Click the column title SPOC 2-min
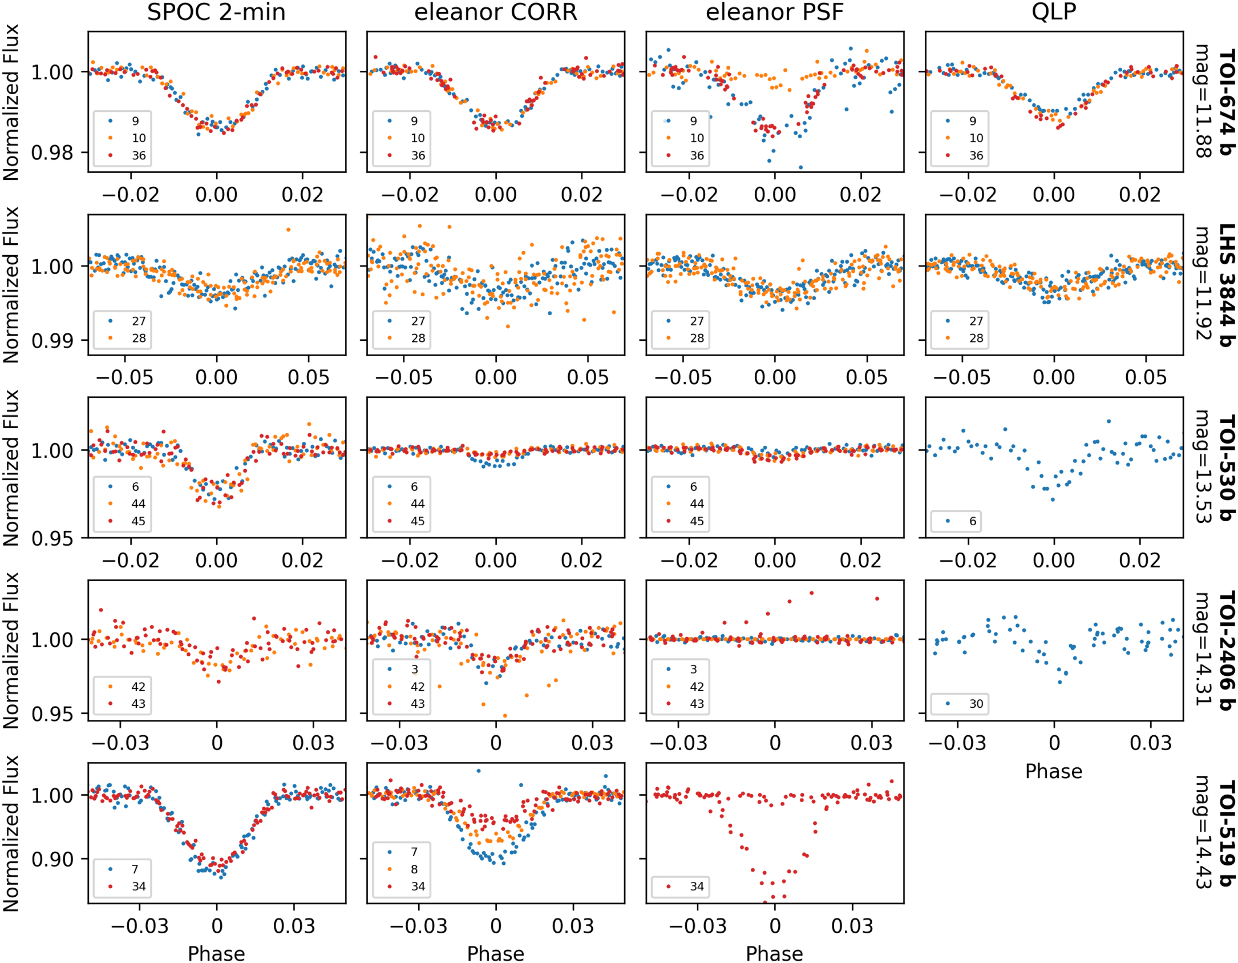pos(216,13)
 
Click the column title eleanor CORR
pos(495,13)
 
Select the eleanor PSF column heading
pos(774,13)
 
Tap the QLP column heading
pos(1053,13)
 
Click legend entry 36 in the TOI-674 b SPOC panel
pos(139,155)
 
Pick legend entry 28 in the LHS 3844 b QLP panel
pos(976,338)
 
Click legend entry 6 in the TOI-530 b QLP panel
pos(972,521)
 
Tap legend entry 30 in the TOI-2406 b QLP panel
pos(976,703)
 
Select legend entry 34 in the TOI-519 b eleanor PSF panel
pos(697,886)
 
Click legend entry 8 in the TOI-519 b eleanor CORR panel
pos(414,869)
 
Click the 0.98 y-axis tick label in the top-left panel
pos(52,153)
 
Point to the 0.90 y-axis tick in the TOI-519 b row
pos(52,859)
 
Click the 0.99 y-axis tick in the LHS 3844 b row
pos(52,341)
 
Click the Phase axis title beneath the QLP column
pos(1053,771)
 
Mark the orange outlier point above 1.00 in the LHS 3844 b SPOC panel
pos(288,229)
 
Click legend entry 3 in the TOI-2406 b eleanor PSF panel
pos(693,669)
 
